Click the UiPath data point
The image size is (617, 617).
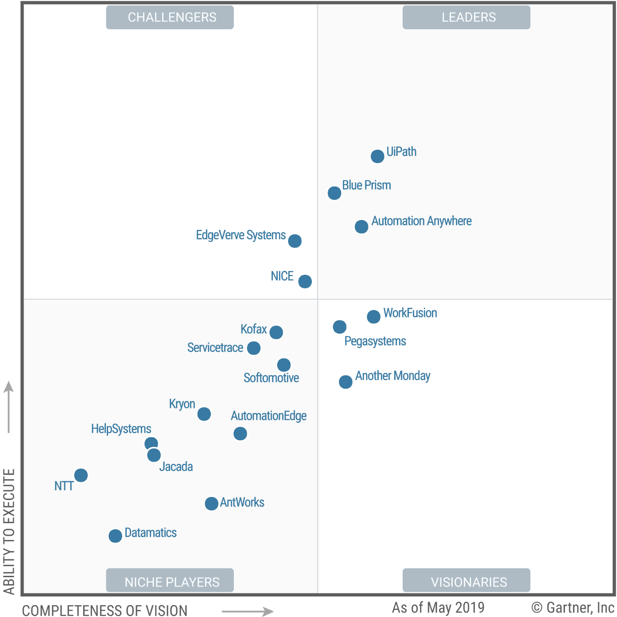(x=377, y=156)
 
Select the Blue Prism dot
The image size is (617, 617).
(x=334, y=193)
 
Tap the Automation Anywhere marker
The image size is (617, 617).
(x=361, y=227)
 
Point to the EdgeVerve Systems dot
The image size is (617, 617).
(x=295, y=241)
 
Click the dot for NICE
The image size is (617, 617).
(x=305, y=281)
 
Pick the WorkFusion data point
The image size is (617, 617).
(x=373, y=317)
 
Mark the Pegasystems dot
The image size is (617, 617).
(x=340, y=327)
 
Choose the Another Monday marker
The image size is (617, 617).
(x=345, y=382)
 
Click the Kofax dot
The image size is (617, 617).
(x=276, y=332)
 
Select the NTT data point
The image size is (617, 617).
(x=81, y=475)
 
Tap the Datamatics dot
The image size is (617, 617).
(x=115, y=536)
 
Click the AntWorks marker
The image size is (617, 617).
(x=211, y=504)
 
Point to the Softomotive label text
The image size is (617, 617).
(x=271, y=378)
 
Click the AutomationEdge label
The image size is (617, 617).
(x=268, y=416)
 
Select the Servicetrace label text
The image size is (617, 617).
(x=215, y=348)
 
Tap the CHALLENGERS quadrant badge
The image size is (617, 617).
(x=170, y=17)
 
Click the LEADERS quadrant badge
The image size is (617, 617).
(x=466, y=17)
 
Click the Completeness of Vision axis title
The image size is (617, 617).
(x=105, y=610)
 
